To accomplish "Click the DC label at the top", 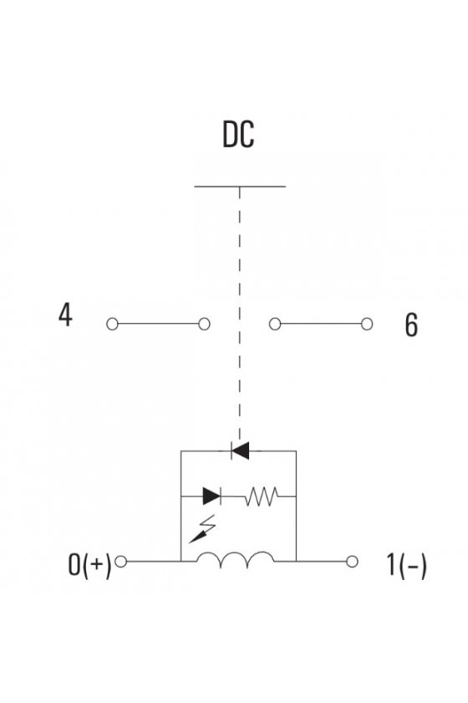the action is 238,134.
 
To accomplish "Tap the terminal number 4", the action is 65,315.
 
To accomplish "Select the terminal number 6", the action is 411,325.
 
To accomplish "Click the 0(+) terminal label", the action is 89,564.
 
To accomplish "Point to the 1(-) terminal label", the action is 407,565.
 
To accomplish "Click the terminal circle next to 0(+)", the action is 121,562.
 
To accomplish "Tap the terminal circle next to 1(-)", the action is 352,562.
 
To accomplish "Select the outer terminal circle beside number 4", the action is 113,324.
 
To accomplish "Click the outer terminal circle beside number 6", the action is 367,324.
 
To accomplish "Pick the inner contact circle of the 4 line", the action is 204,324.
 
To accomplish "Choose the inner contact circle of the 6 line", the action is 275,324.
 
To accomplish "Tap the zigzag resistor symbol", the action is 262,496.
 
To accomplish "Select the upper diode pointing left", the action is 240,450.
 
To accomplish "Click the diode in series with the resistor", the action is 211,496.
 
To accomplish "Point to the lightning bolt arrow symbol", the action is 202,529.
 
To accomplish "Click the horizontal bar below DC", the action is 240,186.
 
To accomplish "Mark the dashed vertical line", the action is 240,314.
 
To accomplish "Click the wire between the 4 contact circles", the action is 158,324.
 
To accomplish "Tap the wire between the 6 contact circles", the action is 321,324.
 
